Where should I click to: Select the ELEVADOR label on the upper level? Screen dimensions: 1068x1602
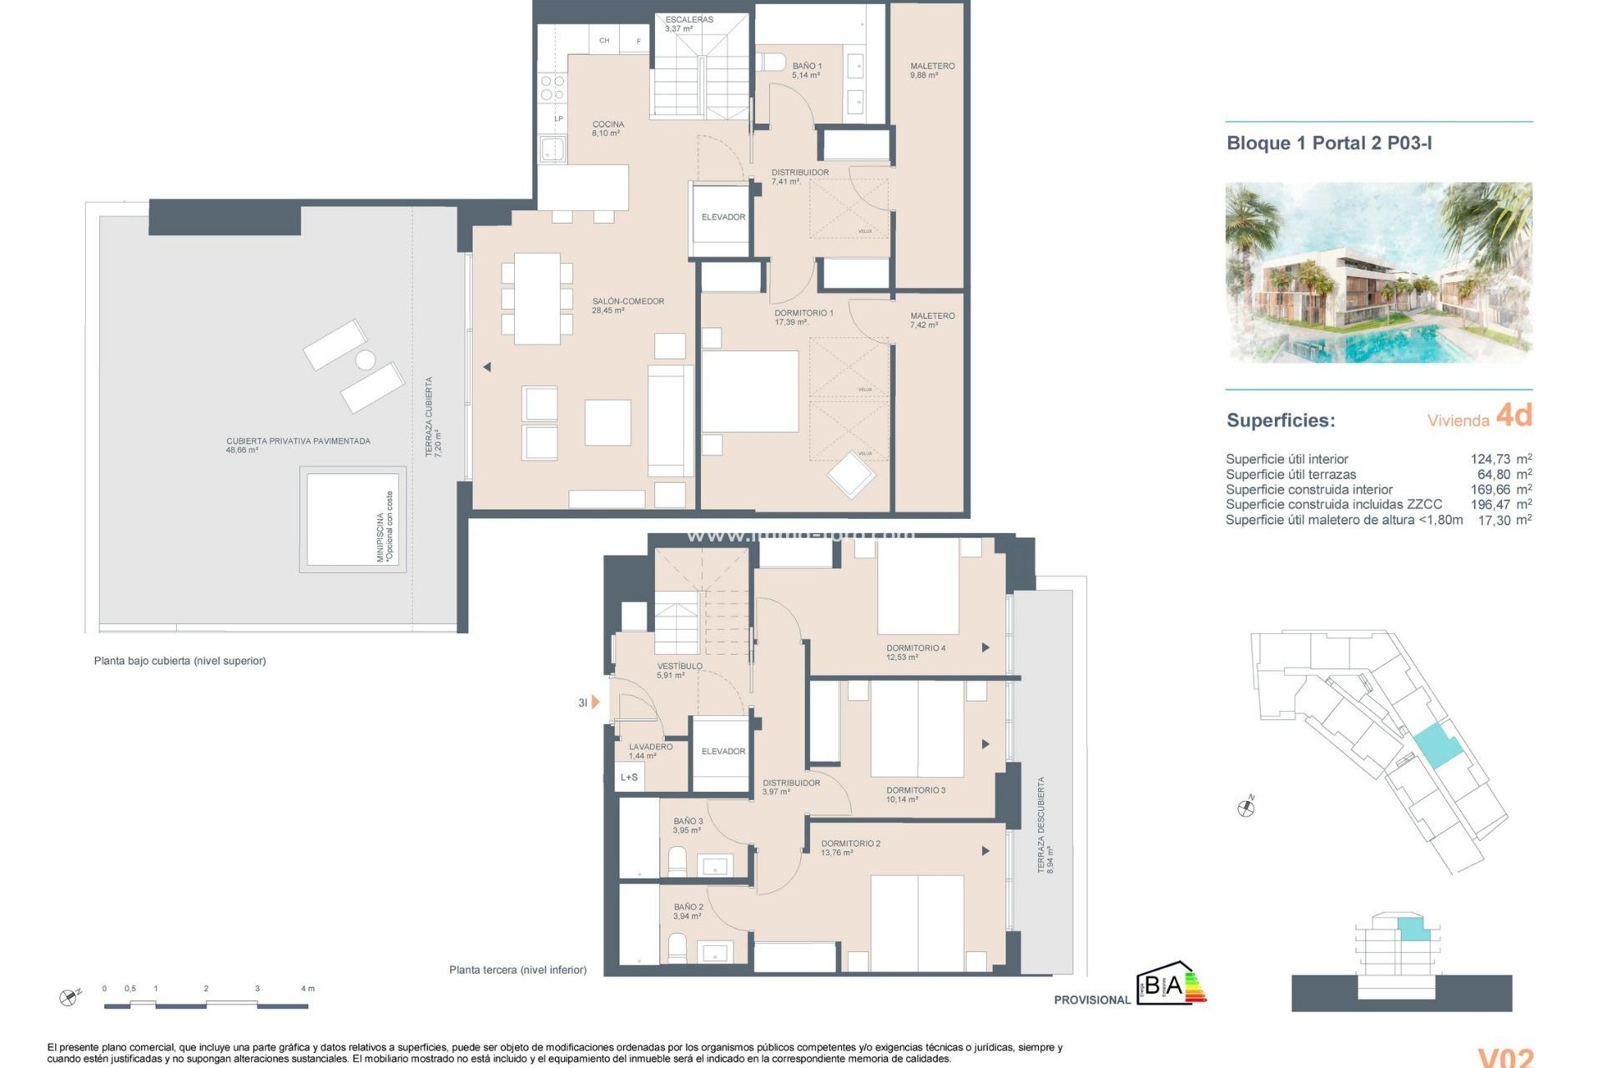tap(723, 217)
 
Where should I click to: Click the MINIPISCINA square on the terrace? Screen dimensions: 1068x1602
tap(352, 520)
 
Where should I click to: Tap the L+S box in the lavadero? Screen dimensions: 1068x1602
tap(629, 778)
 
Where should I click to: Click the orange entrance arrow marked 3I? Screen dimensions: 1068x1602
tap(595, 703)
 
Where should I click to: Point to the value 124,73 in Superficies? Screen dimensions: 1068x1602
tap(1489, 459)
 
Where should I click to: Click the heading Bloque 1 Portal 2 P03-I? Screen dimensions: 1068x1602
tap(1328, 144)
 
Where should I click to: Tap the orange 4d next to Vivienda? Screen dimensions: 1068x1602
tap(1514, 416)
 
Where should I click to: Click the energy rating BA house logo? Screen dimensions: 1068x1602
tap(1170, 985)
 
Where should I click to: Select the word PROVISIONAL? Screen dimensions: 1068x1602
tap(1091, 1000)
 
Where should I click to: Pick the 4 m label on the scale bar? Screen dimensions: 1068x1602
tap(307, 989)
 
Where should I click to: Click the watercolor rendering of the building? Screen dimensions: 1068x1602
tap(1378, 272)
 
